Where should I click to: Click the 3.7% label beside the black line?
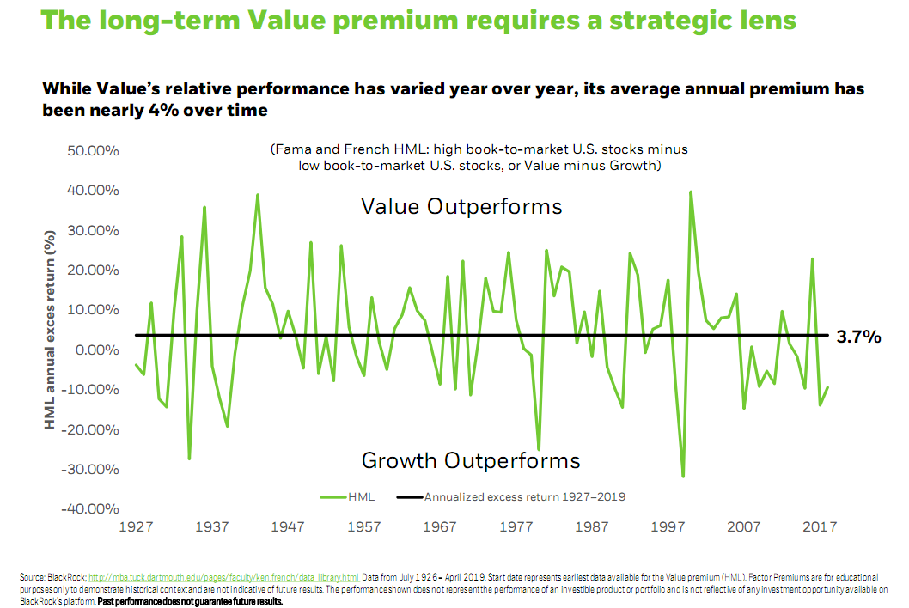859,337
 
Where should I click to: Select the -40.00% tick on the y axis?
88,509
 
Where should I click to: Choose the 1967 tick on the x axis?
440,527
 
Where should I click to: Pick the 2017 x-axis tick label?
821,527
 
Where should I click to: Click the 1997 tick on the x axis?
668,527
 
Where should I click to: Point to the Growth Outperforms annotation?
471,460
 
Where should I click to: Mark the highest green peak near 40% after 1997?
690,192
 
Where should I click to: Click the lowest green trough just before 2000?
683,476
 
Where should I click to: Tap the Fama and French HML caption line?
479,149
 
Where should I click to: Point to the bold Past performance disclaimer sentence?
208,602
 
